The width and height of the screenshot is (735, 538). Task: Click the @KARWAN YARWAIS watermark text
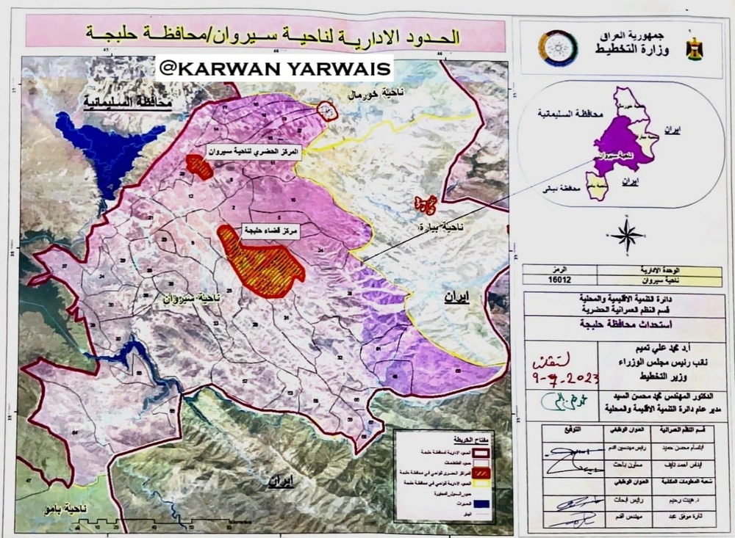coord(275,68)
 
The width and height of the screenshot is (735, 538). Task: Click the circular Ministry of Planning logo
coord(552,48)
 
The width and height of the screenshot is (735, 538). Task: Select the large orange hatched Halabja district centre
coord(260,262)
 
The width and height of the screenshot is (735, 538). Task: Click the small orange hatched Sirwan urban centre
coord(198,165)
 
